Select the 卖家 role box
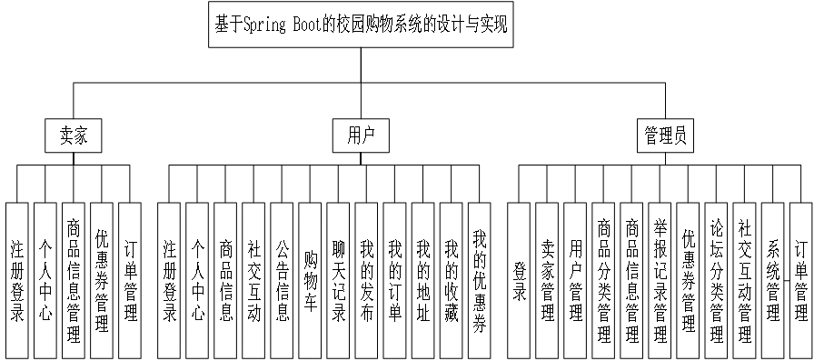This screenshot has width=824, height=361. click(x=74, y=136)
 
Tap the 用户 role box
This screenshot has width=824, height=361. click(x=361, y=136)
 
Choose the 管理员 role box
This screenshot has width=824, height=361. click(x=665, y=136)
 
